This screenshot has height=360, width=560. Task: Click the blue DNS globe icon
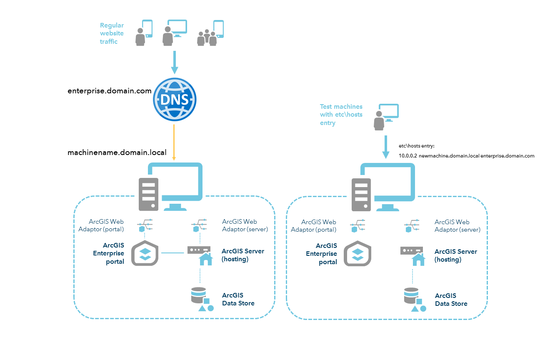175,99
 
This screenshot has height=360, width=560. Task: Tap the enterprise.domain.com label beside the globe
109,90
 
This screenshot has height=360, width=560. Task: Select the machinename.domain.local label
117,153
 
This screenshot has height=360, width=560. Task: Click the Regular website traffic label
112,33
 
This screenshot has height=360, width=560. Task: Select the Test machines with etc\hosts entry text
341,115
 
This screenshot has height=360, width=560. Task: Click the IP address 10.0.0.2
407,156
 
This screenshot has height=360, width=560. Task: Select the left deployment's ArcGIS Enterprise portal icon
145,253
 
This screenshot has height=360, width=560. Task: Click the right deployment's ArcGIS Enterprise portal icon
357,253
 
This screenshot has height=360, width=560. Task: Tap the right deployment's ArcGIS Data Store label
451,300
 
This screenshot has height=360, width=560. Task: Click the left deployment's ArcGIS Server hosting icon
200,255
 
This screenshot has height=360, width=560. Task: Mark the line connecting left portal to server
172,252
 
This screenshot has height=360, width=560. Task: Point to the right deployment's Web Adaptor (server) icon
412,225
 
